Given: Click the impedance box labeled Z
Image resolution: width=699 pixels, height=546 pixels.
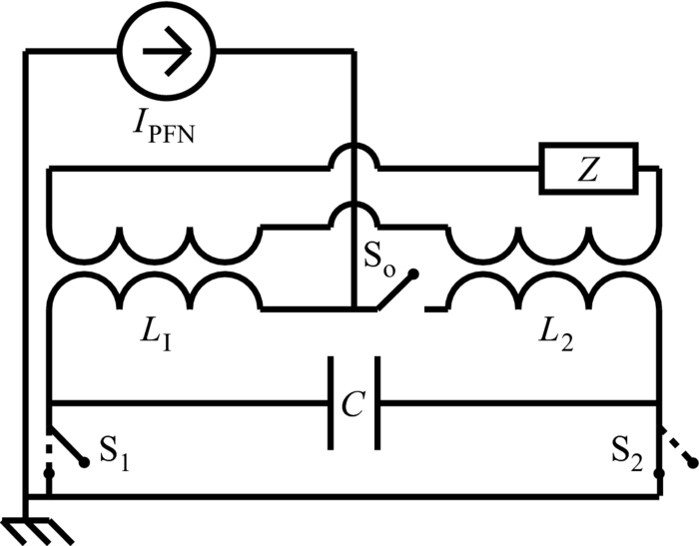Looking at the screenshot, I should coord(588,167).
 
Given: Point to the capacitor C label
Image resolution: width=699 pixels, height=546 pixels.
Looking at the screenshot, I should coord(353,404).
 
